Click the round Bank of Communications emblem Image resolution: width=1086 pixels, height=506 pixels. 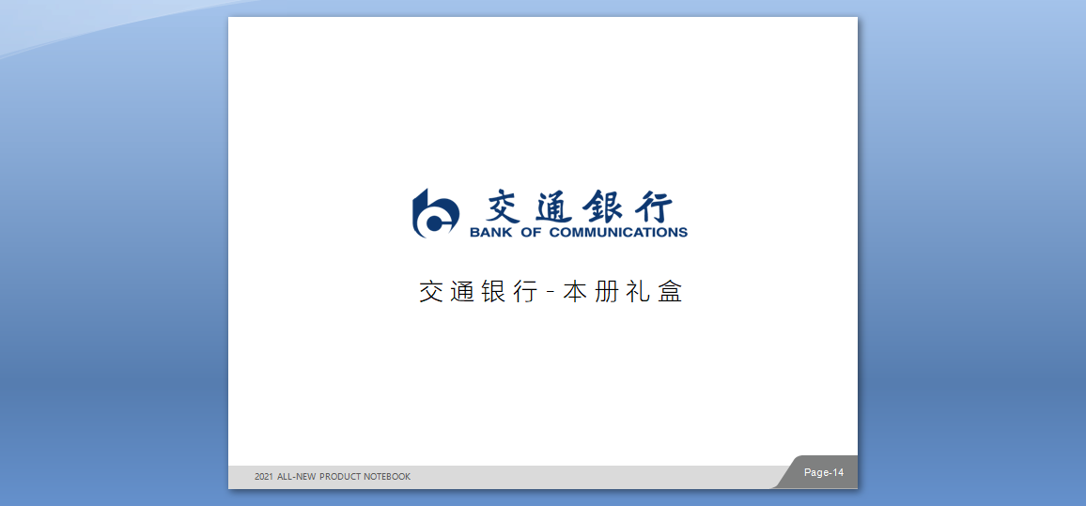coord(435,214)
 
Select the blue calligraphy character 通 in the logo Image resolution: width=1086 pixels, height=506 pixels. coord(555,206)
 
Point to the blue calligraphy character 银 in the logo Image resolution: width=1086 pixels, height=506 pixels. coord(602,206)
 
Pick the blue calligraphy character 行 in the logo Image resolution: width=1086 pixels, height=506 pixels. coord(651,206)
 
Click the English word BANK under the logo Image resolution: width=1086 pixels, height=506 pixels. coord(490,233)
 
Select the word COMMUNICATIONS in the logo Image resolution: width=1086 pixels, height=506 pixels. coord(618,233)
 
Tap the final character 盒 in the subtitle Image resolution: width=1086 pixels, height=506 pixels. coord(670,291)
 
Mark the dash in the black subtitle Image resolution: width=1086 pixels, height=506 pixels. coord(551,291)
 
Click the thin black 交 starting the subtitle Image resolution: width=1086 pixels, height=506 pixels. coord(431,291)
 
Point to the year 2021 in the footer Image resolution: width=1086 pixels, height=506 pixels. coord(264,477)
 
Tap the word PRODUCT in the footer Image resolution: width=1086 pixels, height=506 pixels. coord(339,477)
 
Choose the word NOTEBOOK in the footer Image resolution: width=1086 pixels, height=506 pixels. coord(386,477)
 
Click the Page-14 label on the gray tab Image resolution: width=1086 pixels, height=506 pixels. coord(824,473)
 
